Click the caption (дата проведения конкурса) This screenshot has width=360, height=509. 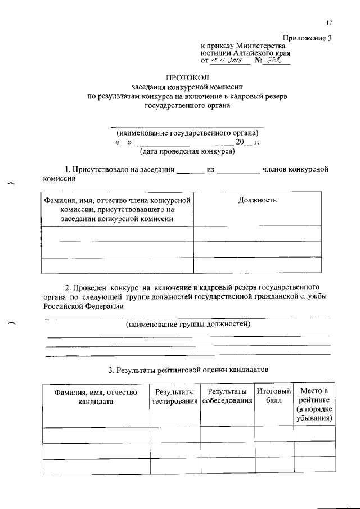[x=187, y=151]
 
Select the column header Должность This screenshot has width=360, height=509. [x=258, y=200]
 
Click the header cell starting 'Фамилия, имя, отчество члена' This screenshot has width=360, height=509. [x=118, y=209]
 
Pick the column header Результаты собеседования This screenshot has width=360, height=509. [x=226, y=397]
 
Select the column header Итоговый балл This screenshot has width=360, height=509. [x=273, y=397]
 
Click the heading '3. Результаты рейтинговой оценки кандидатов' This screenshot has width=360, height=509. [x=188, y=370]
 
